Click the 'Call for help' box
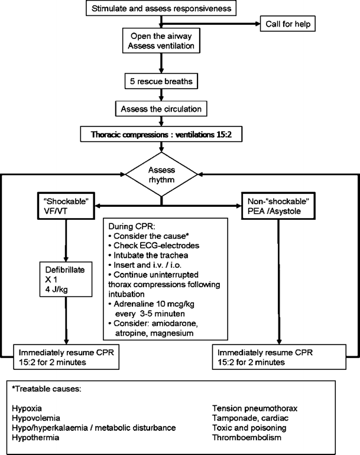point(286,24)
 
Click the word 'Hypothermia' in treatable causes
point(35,438)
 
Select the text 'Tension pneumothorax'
point(255,407)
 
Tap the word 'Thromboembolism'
point(248,438)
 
